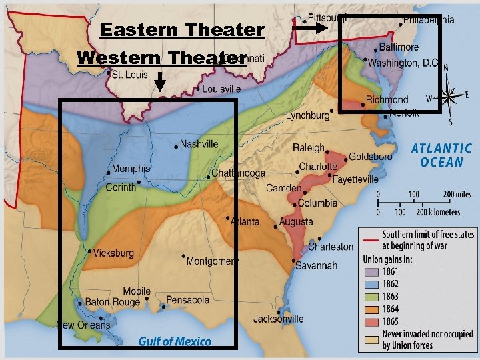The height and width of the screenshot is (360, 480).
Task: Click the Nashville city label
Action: pyautogui.click(x=199, y=144)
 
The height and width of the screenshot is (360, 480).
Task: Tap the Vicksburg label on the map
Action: pyautogui.click(x=113, y=253)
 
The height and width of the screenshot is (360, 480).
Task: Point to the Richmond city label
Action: pyautogui.click(x=387, y=100)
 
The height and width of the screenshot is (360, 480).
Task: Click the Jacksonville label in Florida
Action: pyautogui.click(x=278, y=319)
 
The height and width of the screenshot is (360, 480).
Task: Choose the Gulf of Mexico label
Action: pyautogui.click(x=175, y=341)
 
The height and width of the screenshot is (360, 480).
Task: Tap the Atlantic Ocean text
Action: pyautogui.click(x=441, y=155)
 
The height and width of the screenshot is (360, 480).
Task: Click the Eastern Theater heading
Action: pyautogui.click(x=181, y=30)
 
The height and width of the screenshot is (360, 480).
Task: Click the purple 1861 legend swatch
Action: pyautogui.click(x=371, y=272)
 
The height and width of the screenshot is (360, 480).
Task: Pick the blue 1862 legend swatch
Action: pyautogui.click(x=371, y=284)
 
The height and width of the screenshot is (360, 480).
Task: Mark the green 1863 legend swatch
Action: pyautogui.click(x=371, y=296)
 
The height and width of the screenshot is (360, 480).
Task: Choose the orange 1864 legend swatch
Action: pyautogui.click(x=371, y=308)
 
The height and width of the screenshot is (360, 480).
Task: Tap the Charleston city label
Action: pyautogui.click(x=331, y=247)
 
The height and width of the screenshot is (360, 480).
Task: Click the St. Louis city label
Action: pyautogui.click(x=129, y=75)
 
